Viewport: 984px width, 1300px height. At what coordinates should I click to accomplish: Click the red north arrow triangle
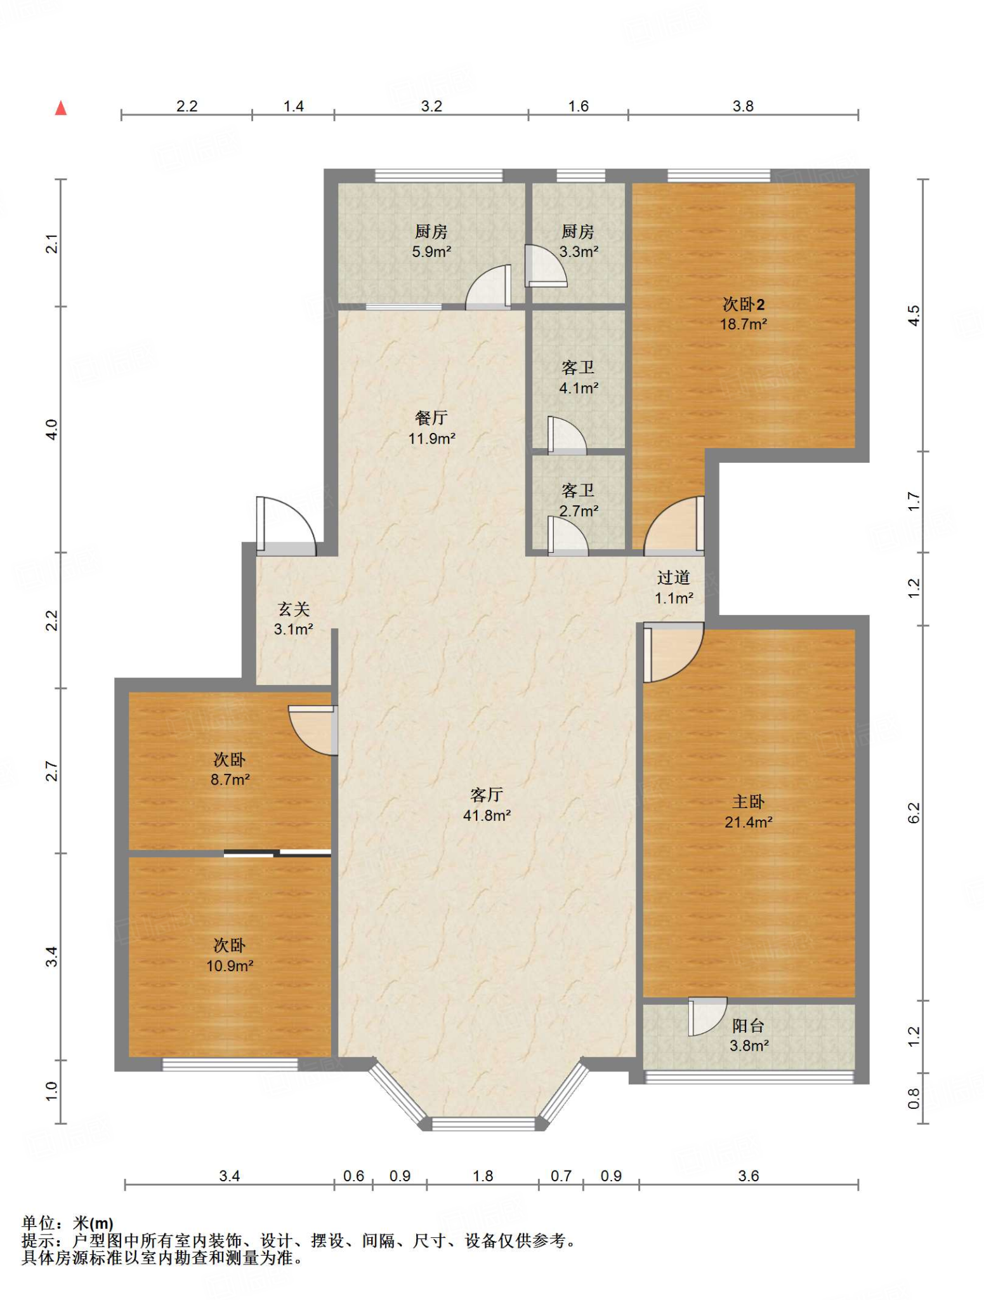click(61, 108)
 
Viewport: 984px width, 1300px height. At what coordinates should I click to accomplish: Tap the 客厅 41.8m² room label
click(487, 805)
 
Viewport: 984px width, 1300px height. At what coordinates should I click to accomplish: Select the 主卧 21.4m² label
click(749, 812)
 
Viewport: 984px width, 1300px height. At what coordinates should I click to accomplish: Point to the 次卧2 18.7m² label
click(743, 314)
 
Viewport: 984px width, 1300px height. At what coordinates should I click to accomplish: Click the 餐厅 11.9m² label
click(431, 428)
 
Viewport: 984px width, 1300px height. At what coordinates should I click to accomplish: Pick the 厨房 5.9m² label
click(431, 241)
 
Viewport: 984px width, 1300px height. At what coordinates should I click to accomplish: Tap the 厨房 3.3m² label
click(578, 241)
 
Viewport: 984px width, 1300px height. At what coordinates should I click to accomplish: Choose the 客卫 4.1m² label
click(578, 377)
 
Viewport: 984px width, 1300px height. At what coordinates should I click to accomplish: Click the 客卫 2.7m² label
click(578, 500)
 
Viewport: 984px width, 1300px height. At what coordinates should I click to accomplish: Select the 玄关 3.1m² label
click(294, 619)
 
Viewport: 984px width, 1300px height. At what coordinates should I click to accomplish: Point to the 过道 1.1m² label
click(673, 587)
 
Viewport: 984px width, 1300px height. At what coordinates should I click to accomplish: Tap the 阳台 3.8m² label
click(749, 1035)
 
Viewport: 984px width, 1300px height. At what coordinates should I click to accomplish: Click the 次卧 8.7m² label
click(230, 769)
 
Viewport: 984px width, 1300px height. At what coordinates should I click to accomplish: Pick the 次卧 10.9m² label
click(230, 955)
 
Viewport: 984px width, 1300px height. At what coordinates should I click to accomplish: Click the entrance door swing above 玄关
click(285, 526)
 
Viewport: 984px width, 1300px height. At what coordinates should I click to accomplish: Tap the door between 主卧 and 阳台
click(707, 1016)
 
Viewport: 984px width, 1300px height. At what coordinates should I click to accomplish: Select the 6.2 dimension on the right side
click(914, 813)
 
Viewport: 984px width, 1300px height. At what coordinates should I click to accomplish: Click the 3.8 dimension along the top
click(743, 106)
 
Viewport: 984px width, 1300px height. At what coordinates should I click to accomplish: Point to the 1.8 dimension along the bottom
click(483, 1176)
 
